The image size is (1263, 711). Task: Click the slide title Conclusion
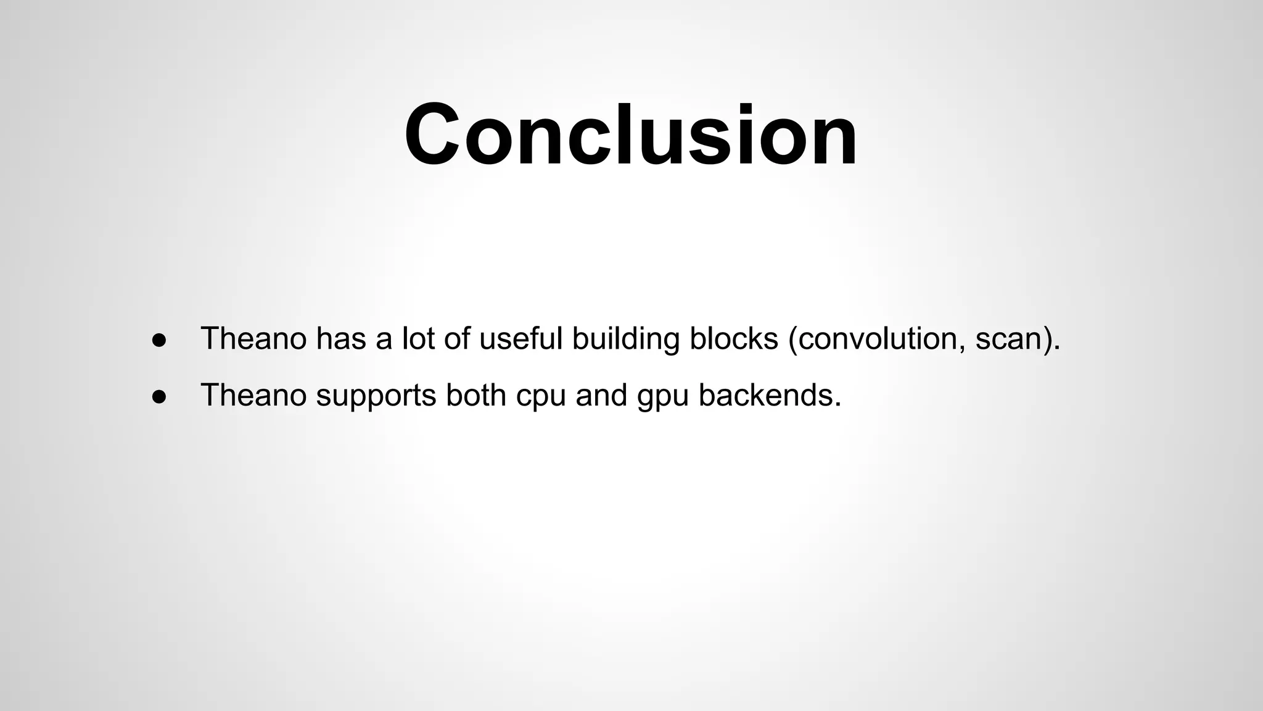pyautogui.click(x=630, y=135)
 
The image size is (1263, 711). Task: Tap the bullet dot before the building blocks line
pyautogui.click(x=159, y=341)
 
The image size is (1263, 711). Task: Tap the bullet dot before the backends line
pyautogui.click(x=159, y=397)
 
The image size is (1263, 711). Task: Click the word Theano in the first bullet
pyautogui.click(x=253, y=338)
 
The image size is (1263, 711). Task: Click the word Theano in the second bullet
pyautogui.click(x=253, y=394)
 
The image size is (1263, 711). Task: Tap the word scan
pyautogui.click(x=1010, y=339)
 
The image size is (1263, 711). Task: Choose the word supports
pyautogui.click(x=376, y=396)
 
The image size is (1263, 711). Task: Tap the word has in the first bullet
pyautogui.click(x=341, y=338)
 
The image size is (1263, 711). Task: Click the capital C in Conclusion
pyautogui.click(x=432, y=135)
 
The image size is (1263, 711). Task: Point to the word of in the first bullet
pyautogui.click(x=456, y=338)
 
